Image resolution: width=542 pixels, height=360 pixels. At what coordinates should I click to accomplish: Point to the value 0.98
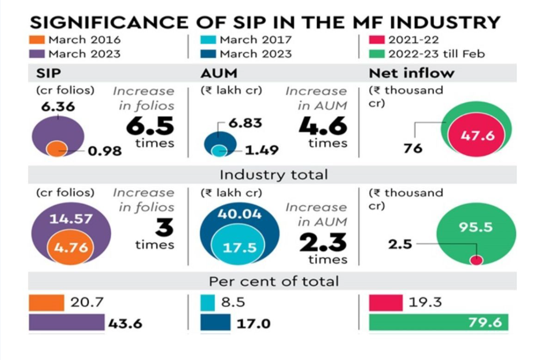click(105, 151)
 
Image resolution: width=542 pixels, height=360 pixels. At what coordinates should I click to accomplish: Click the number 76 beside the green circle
click(413, 148)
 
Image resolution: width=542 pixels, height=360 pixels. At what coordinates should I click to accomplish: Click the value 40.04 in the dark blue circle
click(240, 214)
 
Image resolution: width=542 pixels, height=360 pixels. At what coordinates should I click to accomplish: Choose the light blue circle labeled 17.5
click(239, 247)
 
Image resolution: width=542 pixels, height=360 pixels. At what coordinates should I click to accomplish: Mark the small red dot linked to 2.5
click(476, 260)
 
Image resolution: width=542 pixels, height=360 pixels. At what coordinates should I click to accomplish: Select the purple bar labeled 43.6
click(66, 323)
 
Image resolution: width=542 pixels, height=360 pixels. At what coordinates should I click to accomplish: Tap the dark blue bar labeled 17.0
click(216, 323)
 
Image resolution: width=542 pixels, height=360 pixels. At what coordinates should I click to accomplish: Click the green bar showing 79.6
click(439, 323)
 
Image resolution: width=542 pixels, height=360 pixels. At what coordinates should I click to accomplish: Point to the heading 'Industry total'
click(273, 175)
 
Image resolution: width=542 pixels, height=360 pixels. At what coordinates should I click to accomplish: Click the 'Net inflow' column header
click(412, 73)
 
